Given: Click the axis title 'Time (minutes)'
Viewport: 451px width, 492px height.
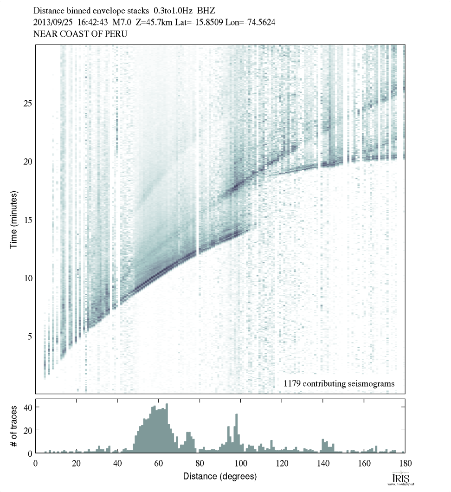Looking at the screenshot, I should [13, 220].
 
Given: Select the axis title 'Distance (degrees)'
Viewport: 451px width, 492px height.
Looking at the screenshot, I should [220, 476].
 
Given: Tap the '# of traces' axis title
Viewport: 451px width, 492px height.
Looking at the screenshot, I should [13, 426].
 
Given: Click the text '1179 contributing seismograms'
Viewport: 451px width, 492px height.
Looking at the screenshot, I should [339, 383].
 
